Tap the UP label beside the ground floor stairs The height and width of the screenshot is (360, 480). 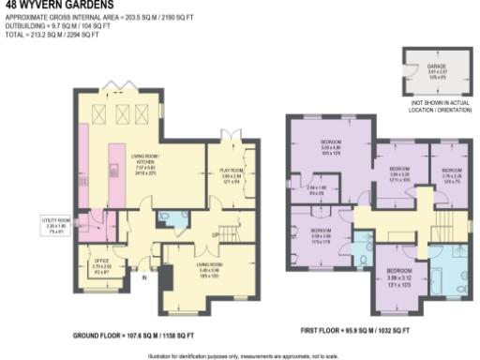215,233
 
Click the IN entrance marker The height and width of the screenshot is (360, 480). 144,278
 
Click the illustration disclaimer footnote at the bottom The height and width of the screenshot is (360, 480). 240,355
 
